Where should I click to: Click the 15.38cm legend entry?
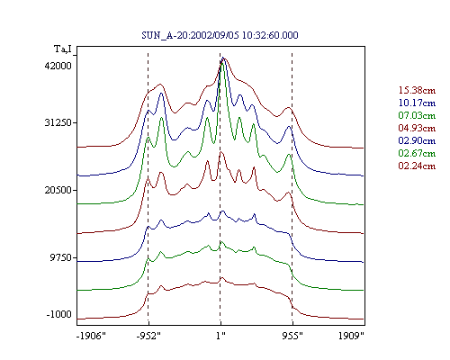click(x=417, y=90)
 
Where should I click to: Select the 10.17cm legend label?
click(x=417, y=103)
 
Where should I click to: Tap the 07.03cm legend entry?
click(x=417, y=115)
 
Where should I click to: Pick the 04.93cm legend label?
click(x=417, y=128)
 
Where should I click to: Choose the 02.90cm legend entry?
click(x=417, y=140)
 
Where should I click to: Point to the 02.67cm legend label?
click(x=417, y=153)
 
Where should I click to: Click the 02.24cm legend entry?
click(x=417, y=166)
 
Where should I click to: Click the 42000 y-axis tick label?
click(x=58, y=66)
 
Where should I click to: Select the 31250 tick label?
click(x=58, y=122)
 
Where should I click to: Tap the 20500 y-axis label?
click(x=58, y=190)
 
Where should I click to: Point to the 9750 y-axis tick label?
click(x=61, y=257)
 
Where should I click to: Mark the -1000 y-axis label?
click(x=59, y=314)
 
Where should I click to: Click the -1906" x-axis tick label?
click(x=91, y=336)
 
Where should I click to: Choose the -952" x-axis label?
click(x=148, y=336)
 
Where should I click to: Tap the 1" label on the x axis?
click(x=220, y=336)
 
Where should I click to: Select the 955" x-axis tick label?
click(x=292, y=336)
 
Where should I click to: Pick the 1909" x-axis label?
click(x=351, y=336)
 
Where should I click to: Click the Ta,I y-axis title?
click(x=63, y=49)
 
